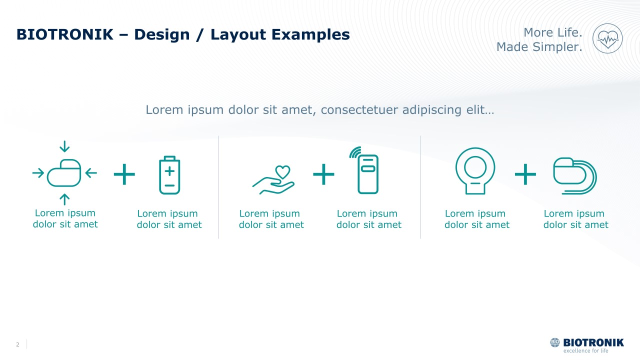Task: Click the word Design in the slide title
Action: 162,34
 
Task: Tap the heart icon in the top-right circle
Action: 607,39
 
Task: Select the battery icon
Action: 169,175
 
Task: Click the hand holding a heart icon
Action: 273,179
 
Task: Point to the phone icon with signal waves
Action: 364,170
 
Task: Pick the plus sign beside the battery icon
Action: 124,174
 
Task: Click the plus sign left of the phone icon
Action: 323,174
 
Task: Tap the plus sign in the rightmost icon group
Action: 525,174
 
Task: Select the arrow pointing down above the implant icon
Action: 64,146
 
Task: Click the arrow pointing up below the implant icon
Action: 64,199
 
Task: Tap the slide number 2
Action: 17,344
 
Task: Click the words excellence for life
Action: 585,351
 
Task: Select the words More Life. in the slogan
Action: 553,32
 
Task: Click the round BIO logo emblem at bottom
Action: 555,342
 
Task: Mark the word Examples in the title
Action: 310,35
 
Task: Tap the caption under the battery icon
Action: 169,219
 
